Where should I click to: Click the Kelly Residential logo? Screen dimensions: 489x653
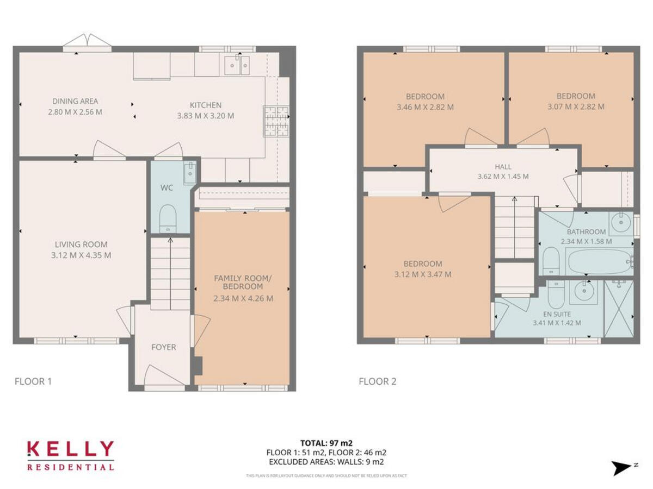click(x=71, y=455)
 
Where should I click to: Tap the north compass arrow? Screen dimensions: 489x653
click(x=623, y=468)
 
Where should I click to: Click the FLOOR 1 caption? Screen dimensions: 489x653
click(x=33, y=381)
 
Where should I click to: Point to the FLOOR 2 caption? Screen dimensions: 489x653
click(x=377, y=381)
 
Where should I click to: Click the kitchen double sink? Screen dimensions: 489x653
click(x=237, y=66)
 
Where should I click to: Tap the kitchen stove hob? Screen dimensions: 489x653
click(x=276, y=121)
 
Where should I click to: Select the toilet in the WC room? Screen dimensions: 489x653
click(x=168, y=217)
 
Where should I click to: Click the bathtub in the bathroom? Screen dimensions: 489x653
click(x=597, y=261)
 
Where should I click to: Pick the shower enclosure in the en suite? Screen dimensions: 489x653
click(x=619, y=309)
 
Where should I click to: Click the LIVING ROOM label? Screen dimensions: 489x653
click(x=81, y=244)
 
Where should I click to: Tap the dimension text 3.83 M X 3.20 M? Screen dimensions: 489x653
click(x=206, y=116)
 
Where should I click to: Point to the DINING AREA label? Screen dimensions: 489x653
click(x=75, y=101)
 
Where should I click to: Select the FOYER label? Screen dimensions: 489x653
click(x=164, y=347)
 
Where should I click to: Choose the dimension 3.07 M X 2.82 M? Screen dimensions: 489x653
click(x=576, y=107)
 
